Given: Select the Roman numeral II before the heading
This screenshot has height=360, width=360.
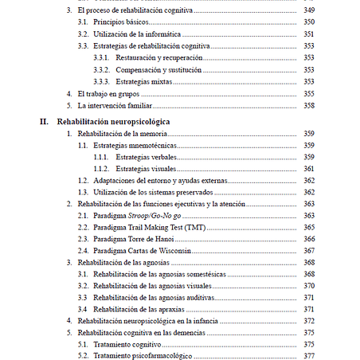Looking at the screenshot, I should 44,122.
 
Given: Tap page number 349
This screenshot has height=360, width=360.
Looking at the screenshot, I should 309,10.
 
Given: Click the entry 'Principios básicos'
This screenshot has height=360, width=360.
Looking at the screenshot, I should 119,22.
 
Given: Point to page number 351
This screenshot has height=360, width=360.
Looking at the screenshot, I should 309,34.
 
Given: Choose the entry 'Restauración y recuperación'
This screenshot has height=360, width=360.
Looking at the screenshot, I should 158,58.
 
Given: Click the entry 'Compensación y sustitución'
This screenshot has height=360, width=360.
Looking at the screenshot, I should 158,70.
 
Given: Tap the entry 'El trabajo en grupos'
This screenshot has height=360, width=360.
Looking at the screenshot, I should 111,93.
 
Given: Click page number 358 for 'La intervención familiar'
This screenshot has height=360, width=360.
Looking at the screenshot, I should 309,105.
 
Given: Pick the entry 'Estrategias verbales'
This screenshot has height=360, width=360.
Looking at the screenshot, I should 147,157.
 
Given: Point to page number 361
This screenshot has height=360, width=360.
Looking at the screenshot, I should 309,169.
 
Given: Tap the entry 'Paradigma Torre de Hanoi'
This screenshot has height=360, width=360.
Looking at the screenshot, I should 135,239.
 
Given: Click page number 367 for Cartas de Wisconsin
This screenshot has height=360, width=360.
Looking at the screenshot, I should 309,251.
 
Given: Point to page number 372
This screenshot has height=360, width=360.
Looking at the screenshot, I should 309,320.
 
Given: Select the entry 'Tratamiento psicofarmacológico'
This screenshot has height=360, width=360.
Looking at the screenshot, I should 143,355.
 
